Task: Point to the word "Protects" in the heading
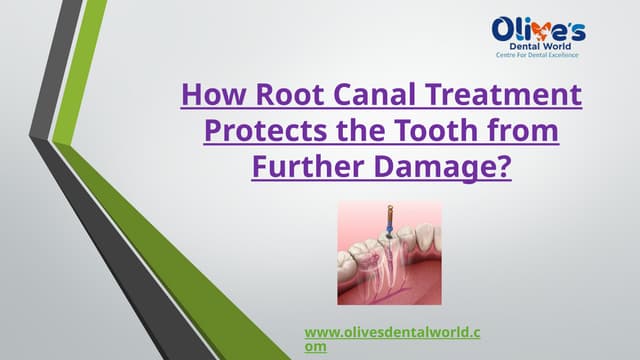point(260,131)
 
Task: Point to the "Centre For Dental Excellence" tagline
point(539,58)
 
